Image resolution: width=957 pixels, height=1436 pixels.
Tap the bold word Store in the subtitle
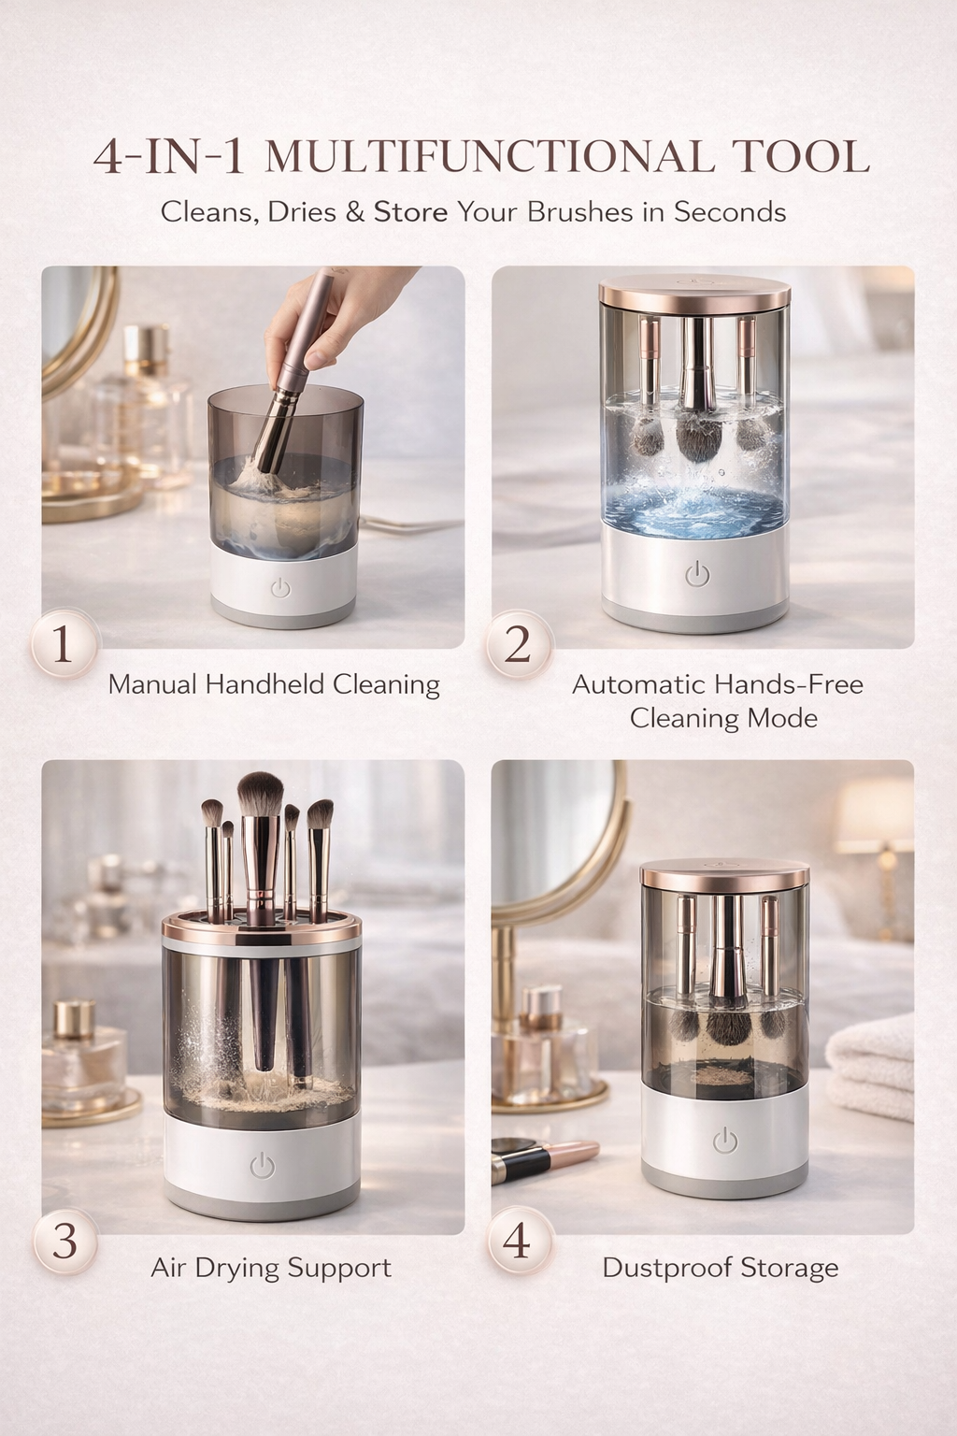point(411,211)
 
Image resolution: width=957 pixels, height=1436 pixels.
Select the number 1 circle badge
point(64,644)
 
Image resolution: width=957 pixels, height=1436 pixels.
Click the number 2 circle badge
point(518,645)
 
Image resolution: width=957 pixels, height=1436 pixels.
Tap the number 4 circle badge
point(517,1241)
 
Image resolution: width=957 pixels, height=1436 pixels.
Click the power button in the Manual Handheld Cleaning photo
point(280,588)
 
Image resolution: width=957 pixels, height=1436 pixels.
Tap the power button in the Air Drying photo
point(263,1165)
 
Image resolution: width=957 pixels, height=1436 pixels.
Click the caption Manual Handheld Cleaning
point(274,684)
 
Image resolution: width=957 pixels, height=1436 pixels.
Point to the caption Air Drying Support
point(271,1268)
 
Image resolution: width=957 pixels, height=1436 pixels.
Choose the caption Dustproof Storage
point(720,1268)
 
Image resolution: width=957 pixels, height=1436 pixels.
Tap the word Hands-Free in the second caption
point(767,684)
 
